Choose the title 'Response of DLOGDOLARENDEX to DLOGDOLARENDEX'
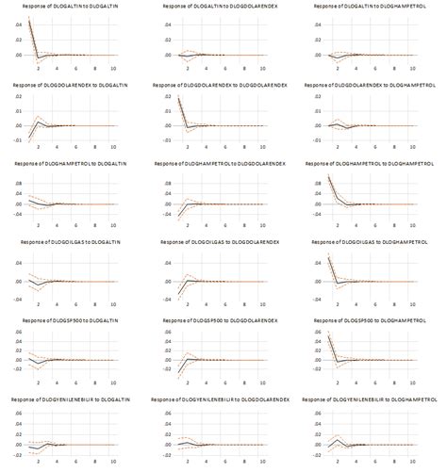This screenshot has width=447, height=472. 223,86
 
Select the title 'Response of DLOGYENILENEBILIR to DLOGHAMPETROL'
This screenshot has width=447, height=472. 374,399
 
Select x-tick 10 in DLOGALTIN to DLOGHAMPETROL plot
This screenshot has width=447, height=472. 416,69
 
